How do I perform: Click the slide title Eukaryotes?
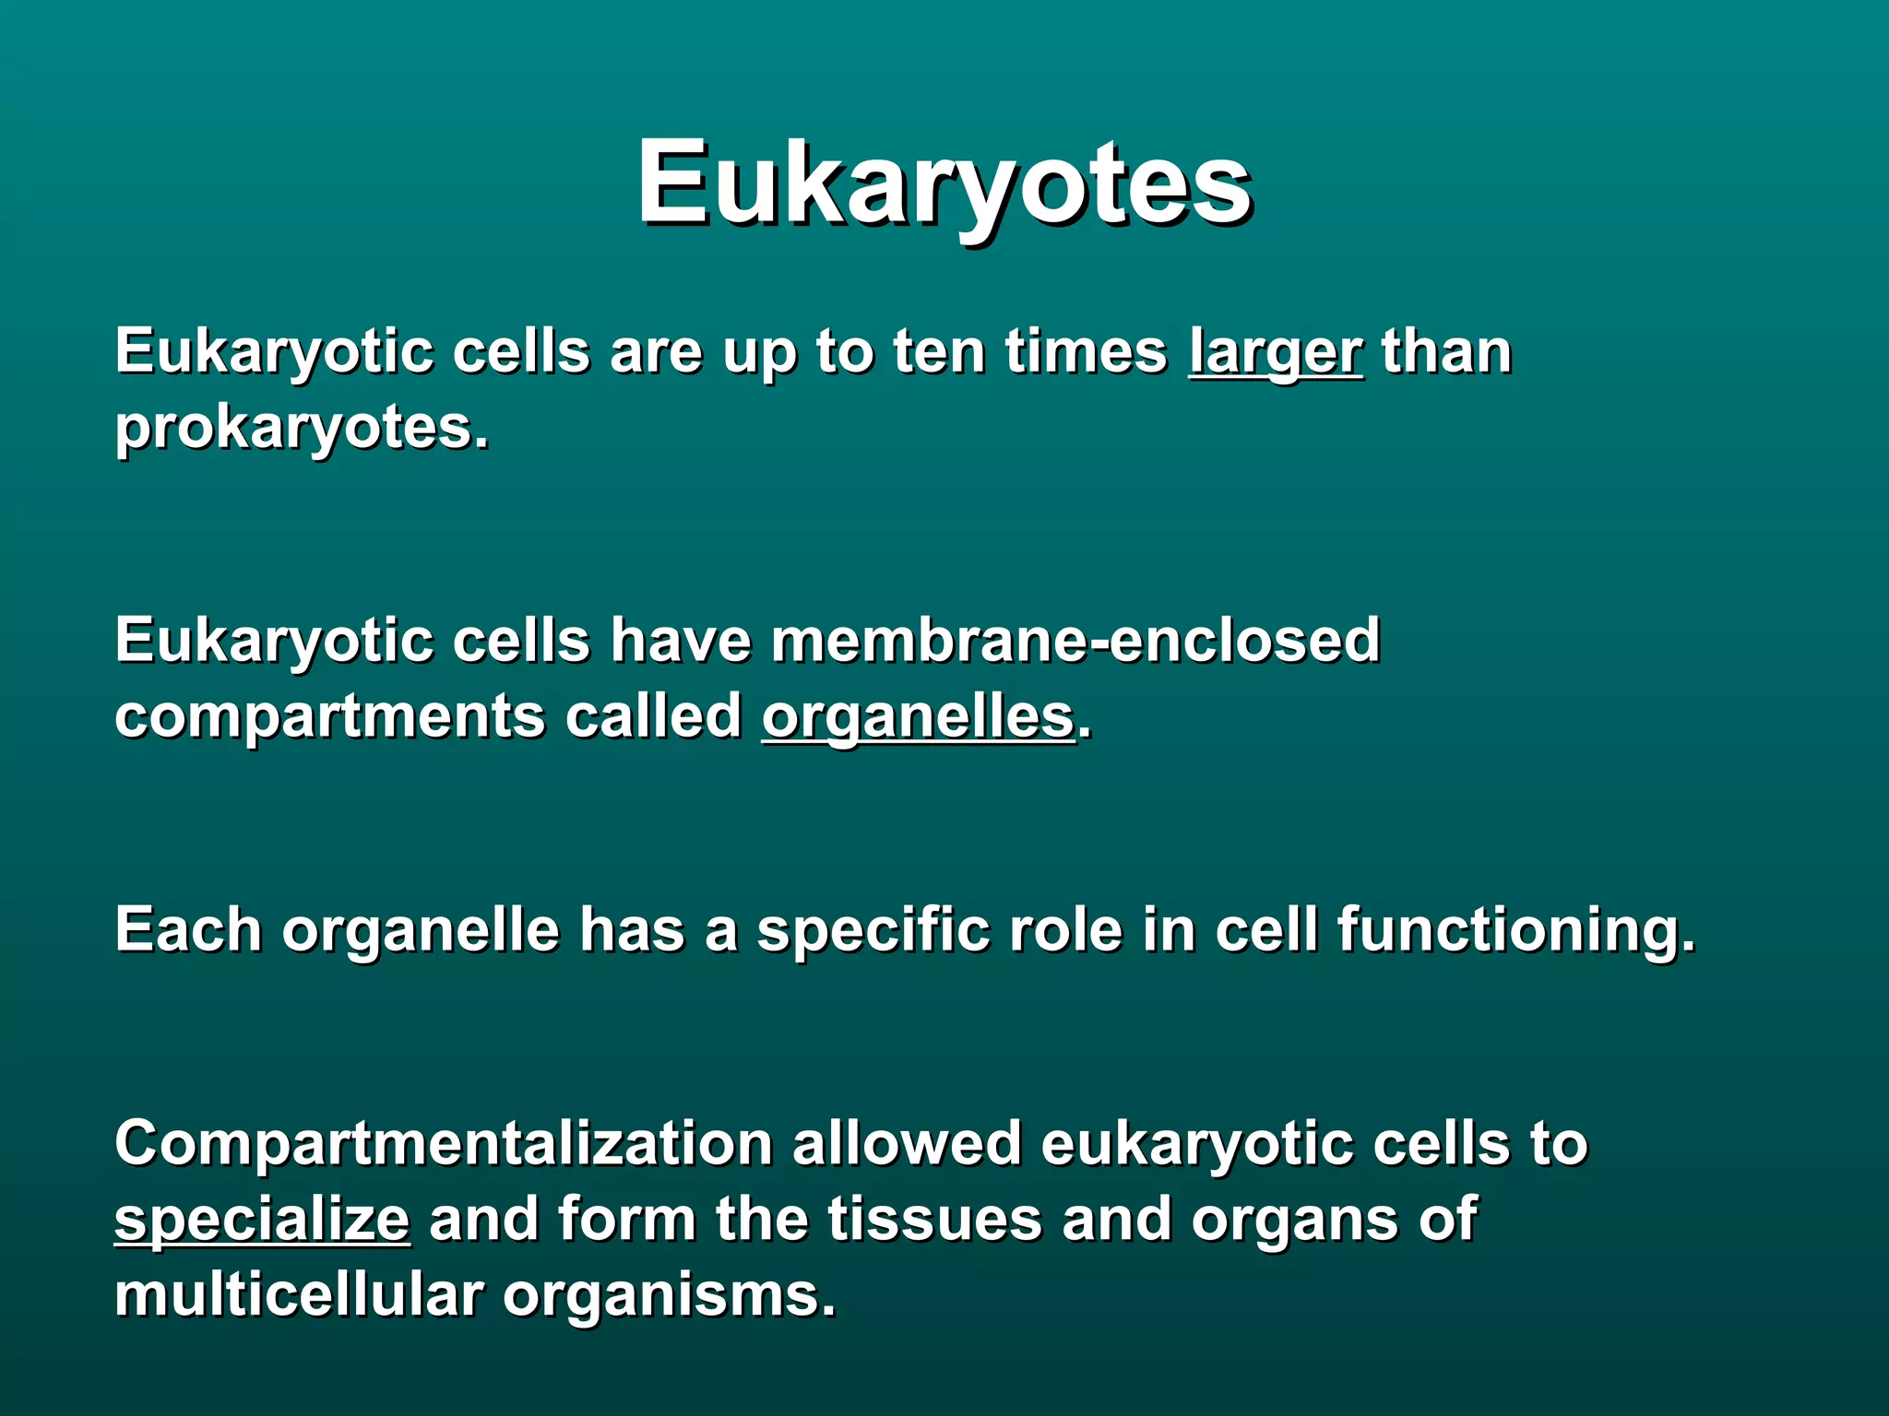[944, 183]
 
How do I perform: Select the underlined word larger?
[1275, 352]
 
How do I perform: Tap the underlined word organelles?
[918, 717]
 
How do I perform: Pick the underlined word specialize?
[262, 1220]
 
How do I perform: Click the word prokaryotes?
[301, 429]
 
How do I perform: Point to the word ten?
[938, 352]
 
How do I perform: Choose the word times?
[1086, 352]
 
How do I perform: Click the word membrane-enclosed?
[1075, 641]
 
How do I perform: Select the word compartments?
[329, 717]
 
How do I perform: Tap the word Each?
[188, 929]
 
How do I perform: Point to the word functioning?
[1515, 929]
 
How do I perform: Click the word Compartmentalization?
[443, 1144]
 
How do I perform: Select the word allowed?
[906, 1144]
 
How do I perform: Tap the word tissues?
[934, 1220]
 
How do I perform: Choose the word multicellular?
[299, 1295]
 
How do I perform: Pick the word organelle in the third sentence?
[421, 929]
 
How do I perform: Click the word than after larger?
[1446, 352]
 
